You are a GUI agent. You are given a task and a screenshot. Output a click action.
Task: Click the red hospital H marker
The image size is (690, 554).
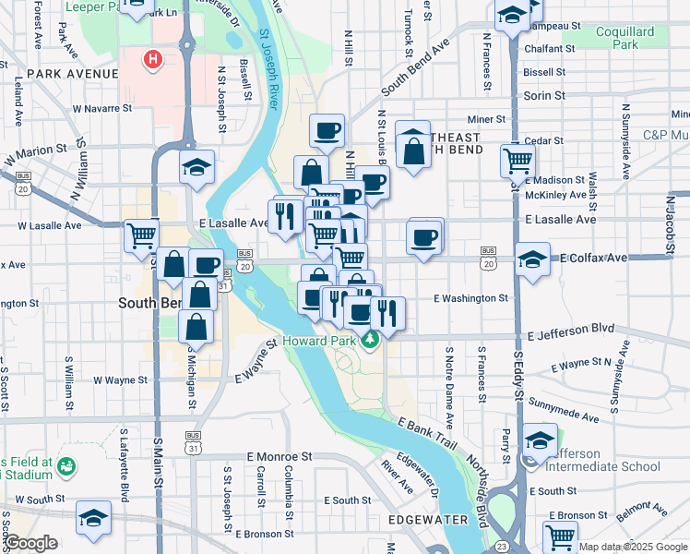(x=153, y=60)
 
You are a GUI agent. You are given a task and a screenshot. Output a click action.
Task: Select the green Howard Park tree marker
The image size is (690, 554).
(x=370, y=341)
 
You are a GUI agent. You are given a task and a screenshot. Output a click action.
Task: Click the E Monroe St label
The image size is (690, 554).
(x=280, y=456)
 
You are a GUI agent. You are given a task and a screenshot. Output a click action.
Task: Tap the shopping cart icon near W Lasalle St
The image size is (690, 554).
(x=142, y=235)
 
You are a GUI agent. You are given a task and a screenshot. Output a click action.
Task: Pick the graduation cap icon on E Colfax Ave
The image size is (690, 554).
(x=532, y=259)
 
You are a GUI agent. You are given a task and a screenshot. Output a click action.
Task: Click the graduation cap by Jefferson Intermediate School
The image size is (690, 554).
(x=540, y=440)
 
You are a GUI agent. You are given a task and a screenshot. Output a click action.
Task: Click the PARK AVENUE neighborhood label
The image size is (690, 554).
(x=72, y=73)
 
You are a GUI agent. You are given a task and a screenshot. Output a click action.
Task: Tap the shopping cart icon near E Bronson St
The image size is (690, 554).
(x=560, y=536)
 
